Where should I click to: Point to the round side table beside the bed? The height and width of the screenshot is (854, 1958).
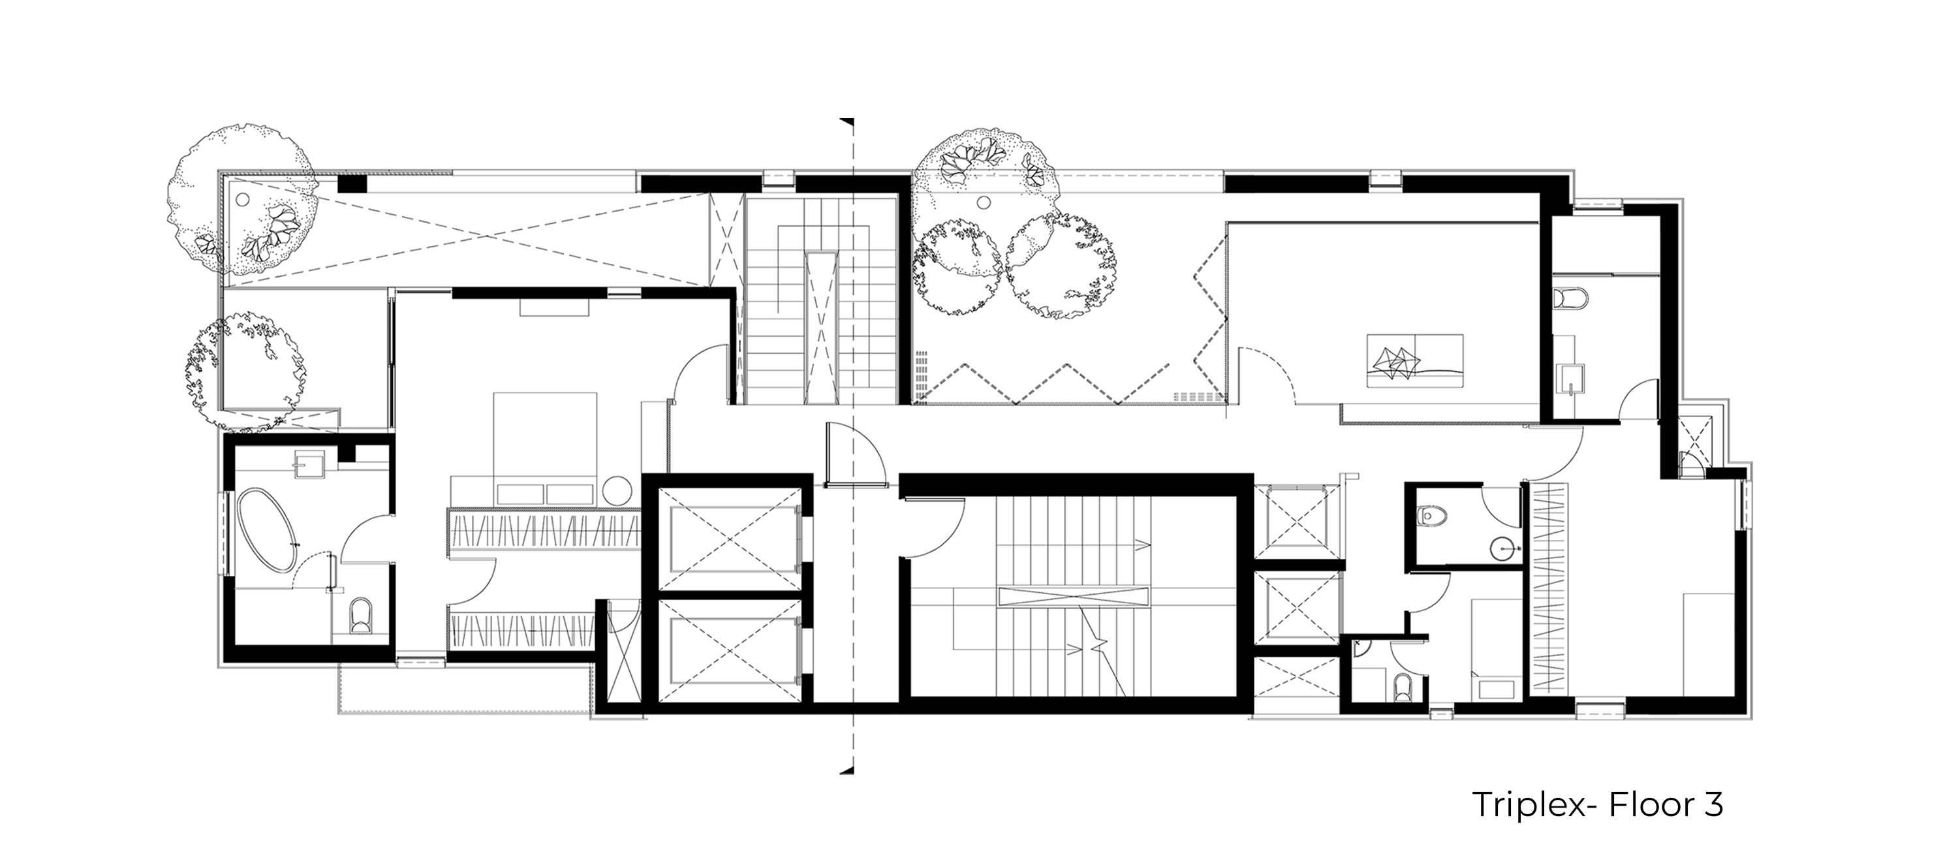coord(618,490)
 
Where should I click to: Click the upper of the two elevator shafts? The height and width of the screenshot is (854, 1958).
coord(728,540)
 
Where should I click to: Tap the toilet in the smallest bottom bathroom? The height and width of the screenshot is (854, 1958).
coord(1403,688)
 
